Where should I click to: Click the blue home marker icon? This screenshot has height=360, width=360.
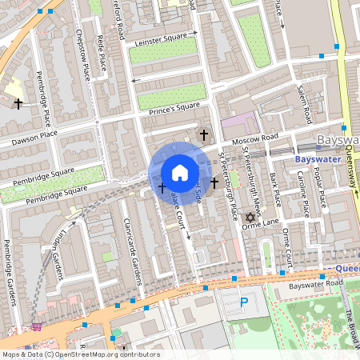tap(180, 173)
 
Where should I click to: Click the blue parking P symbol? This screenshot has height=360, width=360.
tap(245, 303)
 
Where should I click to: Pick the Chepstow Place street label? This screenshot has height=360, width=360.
tap(83, 56)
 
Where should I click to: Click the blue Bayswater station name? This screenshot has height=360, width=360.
tap(318, 159)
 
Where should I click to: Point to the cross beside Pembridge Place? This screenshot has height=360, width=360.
tap(18, 103)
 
